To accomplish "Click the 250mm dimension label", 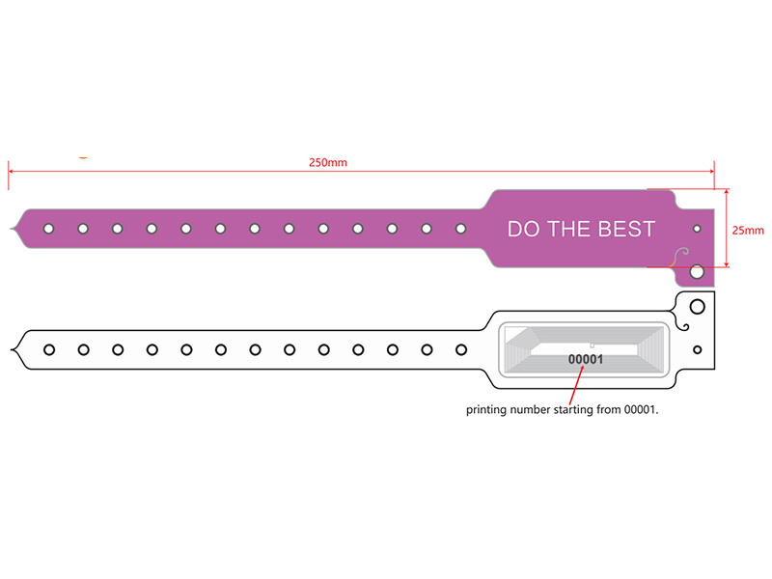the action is point(328,162).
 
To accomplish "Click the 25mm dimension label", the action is point(748,231).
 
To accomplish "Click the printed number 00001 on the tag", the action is point(586,359).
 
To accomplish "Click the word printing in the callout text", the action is point(486,409).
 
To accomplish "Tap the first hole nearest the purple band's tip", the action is point(49,229).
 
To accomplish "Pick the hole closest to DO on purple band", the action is point(461,229).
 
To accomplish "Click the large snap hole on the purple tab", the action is point(697,271).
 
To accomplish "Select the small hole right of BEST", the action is point(697,229).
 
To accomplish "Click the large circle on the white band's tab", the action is point(697,307).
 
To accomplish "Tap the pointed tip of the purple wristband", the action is point(11,229).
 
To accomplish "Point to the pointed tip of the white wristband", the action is point(12,349).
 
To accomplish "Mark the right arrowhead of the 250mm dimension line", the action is point(711,172).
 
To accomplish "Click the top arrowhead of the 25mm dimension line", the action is point(727,191).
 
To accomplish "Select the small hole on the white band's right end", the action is point(697,350).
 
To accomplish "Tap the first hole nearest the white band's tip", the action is point(49,350).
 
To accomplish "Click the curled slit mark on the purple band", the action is point(680,257).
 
